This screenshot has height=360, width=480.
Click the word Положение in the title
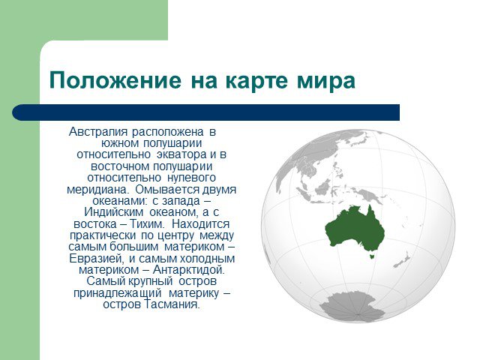(115, 81)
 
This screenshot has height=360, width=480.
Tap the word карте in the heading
(256, 81)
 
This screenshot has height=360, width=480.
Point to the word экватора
(181, 154)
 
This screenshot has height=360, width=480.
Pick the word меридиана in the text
(98, 190)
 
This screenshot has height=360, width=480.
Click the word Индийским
(114, 212)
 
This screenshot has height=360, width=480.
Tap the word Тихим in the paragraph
(147, 223)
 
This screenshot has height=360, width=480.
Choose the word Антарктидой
(188, 270)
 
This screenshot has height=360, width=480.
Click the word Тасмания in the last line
(172, 304)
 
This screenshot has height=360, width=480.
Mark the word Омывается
(167, 190)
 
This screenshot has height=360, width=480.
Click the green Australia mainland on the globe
(355, 228)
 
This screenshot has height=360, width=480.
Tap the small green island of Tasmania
(372, 255)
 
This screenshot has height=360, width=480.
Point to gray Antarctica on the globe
(352, 307)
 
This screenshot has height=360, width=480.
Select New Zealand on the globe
(402, 260)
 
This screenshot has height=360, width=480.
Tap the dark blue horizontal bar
(205, 112)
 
